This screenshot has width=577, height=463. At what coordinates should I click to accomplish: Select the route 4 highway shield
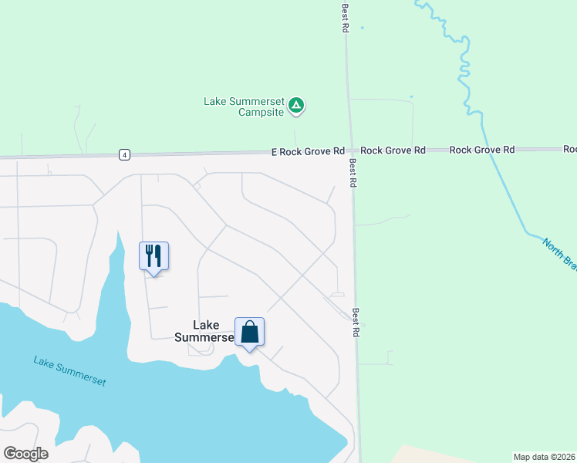click(124, 154)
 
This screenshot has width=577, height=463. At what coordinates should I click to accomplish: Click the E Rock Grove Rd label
click(307, 151)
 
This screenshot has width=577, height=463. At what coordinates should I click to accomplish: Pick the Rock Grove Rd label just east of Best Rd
click(393, 150)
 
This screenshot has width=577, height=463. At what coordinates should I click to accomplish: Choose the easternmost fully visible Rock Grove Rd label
click(482, 150)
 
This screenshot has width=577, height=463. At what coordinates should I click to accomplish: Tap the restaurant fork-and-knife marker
click(154, 255)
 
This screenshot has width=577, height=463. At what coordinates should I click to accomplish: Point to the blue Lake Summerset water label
click(69, 371)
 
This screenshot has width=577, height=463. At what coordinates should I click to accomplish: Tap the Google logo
click(25, 454)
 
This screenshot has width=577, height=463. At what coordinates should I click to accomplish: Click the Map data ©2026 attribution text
click(545, 456)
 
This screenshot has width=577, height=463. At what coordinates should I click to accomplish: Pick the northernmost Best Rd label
click(346, 17)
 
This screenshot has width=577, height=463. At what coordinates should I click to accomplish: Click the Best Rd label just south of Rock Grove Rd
click(353, 174)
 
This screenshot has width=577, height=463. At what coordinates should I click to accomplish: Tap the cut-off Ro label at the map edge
click(570, 149)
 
